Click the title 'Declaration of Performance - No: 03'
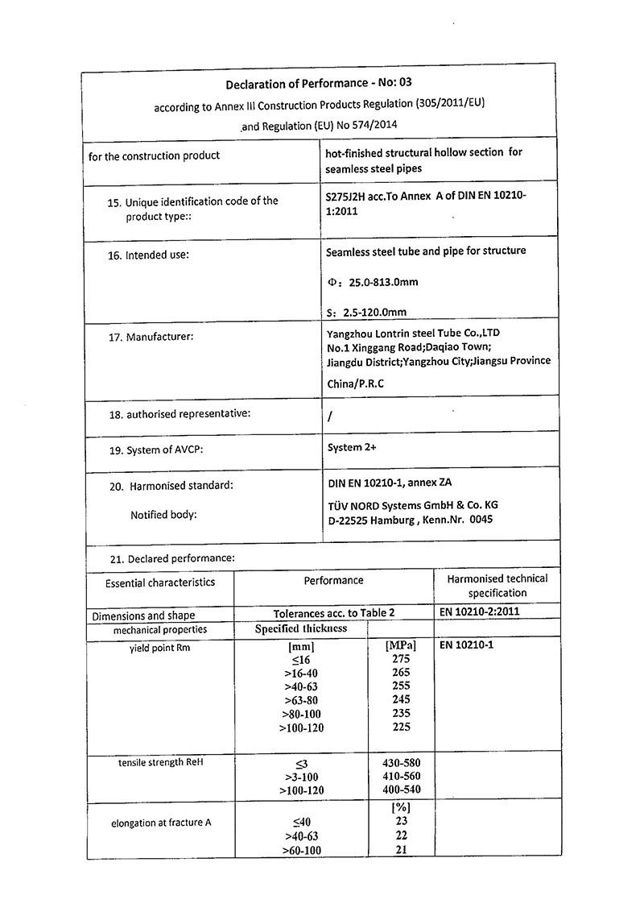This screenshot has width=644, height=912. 319,83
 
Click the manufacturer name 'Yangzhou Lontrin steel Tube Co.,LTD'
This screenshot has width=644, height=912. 414,332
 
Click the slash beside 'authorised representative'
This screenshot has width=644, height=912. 330,417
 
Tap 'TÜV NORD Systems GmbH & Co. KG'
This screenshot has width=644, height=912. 412,504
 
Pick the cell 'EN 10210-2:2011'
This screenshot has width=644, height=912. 480,611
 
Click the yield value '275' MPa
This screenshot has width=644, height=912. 401,658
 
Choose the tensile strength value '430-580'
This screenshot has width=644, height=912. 400,762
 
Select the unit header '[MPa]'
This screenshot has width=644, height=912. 401,645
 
